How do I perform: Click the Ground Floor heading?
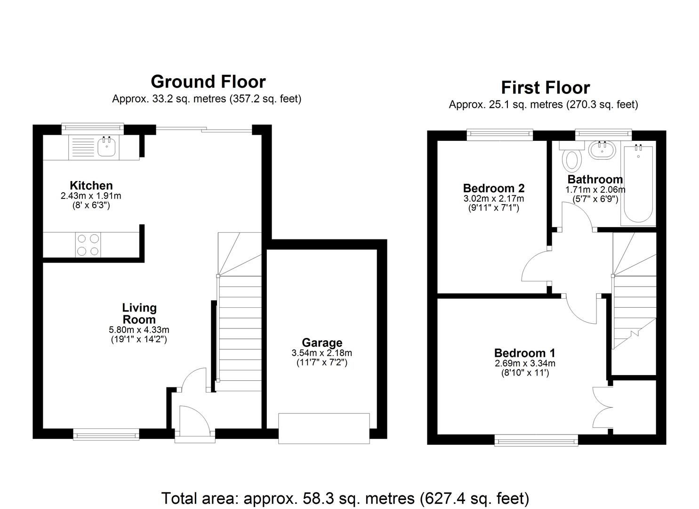point(208,82)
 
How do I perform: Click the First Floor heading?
point(545,88)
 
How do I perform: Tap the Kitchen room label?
point(91,185)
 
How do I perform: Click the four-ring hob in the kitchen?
point(88,245)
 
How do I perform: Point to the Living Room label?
point(139,313)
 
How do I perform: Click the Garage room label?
point(322,343)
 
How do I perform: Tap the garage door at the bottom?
point(324,428)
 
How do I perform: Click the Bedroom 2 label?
point(494,189)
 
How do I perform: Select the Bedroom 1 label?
point(525,353)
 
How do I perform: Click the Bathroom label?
point(595,180)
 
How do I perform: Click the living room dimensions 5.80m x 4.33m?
point(139,330)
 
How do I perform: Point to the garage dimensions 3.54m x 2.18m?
point(322,353)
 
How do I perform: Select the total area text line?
point(345,498)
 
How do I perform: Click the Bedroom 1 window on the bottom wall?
point(536,441)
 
